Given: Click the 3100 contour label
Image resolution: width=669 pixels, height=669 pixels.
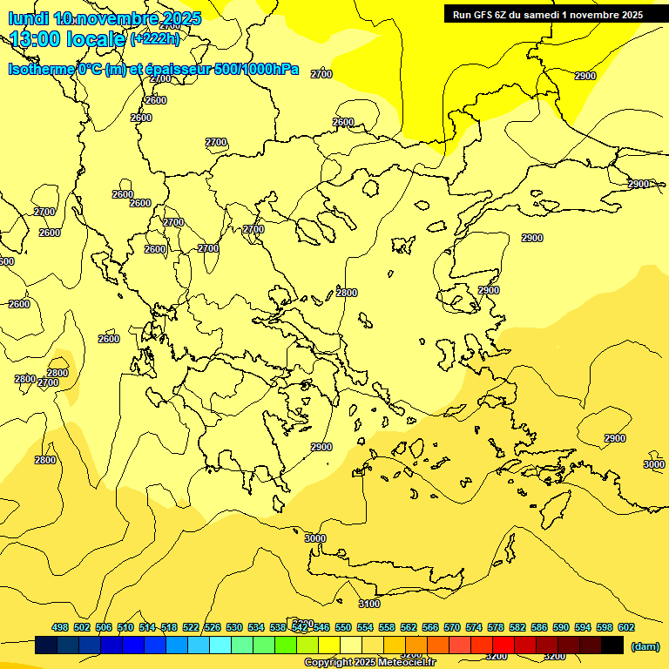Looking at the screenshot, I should pos(369,604).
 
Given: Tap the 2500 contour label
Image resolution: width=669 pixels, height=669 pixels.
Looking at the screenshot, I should pos(343,122).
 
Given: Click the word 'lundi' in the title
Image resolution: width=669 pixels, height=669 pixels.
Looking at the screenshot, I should pos(29,18).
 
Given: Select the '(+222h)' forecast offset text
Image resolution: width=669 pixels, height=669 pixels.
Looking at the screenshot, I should pos(154,38).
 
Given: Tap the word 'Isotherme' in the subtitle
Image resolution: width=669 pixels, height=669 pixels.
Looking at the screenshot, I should pos(41,70).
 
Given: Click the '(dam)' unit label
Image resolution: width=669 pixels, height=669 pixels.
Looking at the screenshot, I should pos(645,645).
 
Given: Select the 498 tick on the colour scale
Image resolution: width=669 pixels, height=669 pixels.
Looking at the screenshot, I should pos(60,627).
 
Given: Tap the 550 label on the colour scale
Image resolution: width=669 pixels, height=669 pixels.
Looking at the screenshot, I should pos(342,627).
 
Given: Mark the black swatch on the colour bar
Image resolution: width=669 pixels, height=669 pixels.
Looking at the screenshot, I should pos(612,645).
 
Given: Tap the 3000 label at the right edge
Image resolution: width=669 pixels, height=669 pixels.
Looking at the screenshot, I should pos(654,464).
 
